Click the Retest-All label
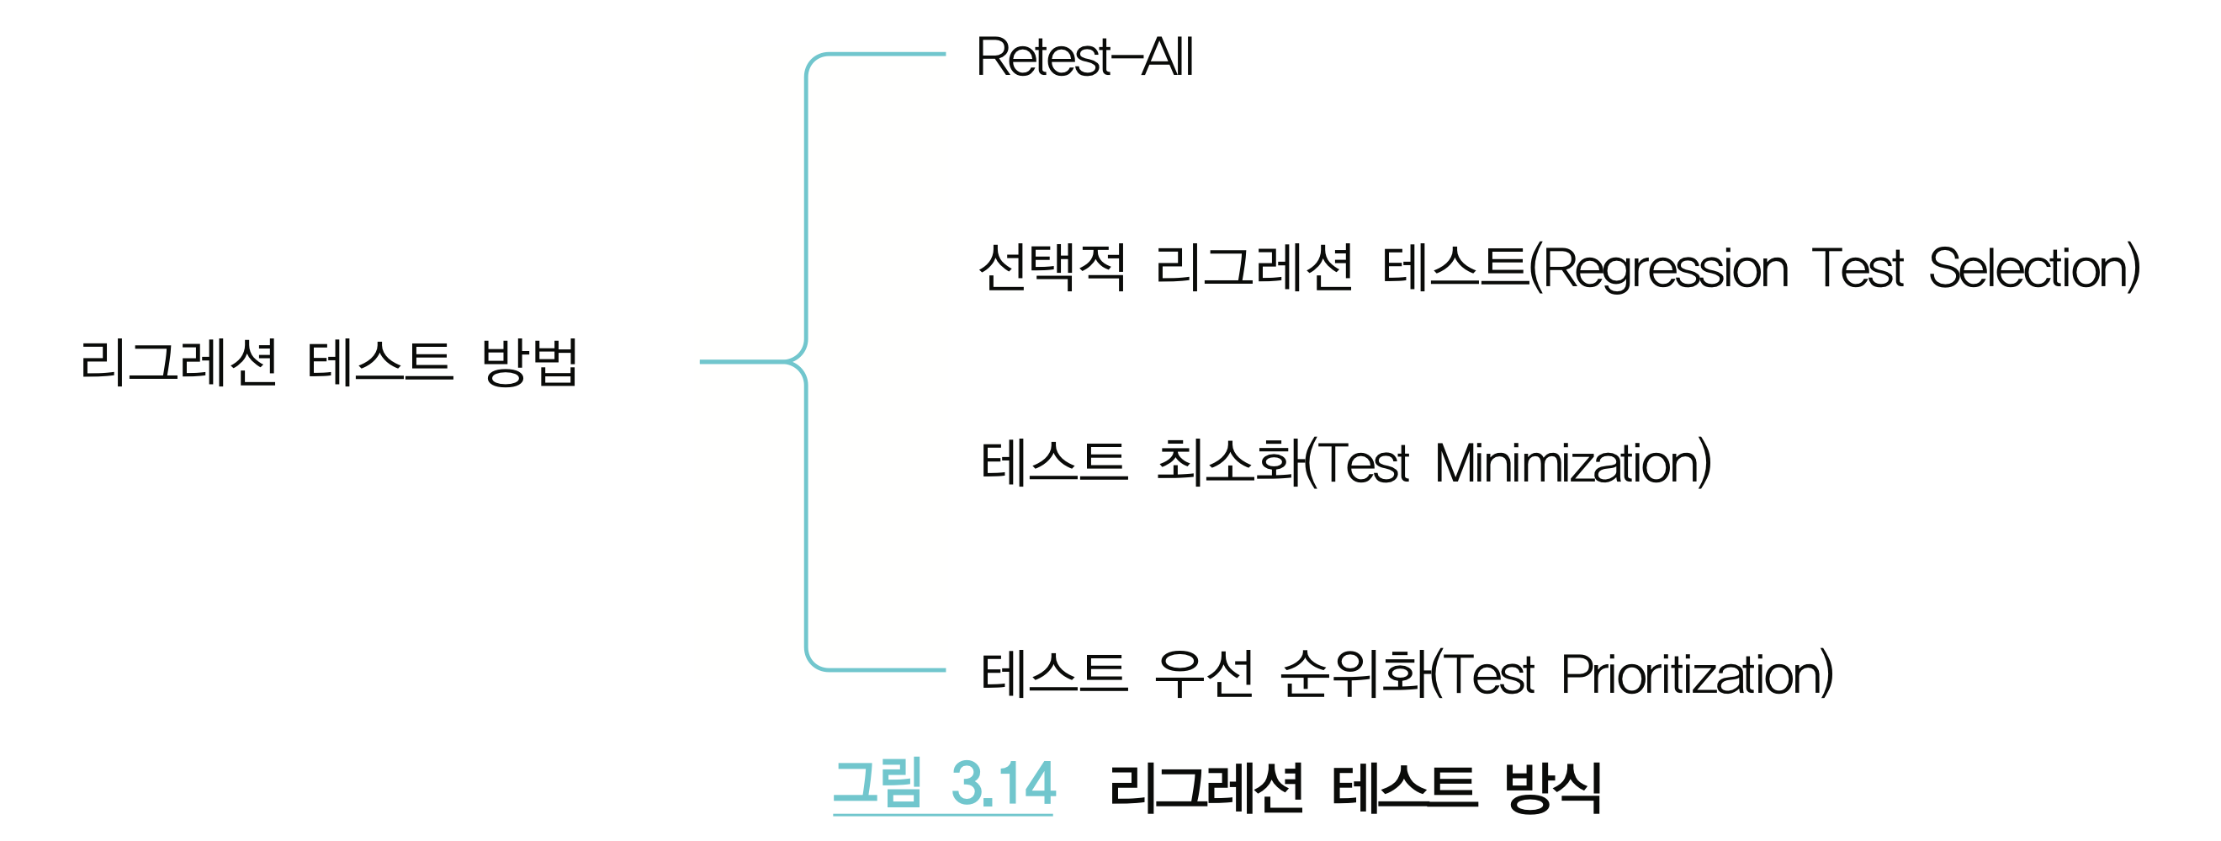tap(1084, 57)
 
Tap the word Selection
tap(2033, 269)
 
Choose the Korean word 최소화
tap(1229, 462)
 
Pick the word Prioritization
tap(1695, 673)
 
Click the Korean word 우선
tap(1204, 673)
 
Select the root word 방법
tap(529, 361)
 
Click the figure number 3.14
tap(1003, 783)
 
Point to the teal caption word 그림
tap(877, 783)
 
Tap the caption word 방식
tap(1552, 786)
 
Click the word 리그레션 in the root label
tap(178, 361)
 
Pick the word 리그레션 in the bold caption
tap(1206, 786)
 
